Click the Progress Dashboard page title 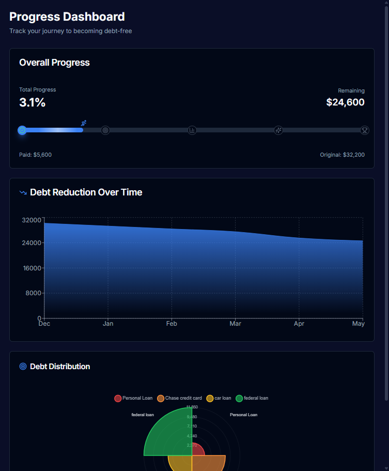tap(67, 17)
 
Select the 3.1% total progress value tap(33, 102)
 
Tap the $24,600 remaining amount tap(345, 102)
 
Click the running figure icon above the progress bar tap(84, 123)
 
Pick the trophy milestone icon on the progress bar tap(365, 130)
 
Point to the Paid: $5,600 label tap(35, 155)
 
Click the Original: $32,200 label tap(342, 155)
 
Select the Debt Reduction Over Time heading tap(86, 192)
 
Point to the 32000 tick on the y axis tap(32, 220)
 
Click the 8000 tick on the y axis tap(33, 293)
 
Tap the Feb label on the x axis tap(172, 324)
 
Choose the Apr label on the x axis tap(299, 324)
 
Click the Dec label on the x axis tap(44, 324)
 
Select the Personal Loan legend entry tap(133, 398)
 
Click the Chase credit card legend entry tap(179, 398)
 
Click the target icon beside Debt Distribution tap(23, 367)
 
